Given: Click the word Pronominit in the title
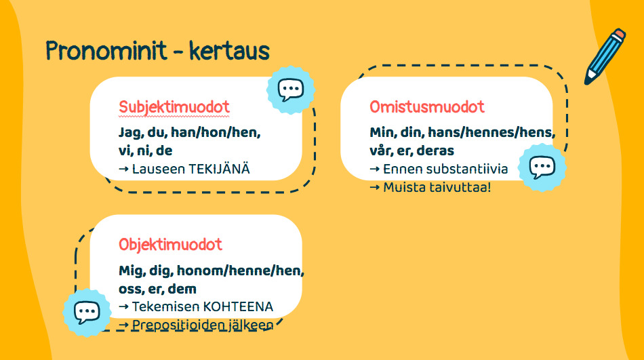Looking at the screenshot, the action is click(106, 51).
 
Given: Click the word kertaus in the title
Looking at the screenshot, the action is click(229, 51).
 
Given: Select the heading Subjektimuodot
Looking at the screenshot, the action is click(174, 107).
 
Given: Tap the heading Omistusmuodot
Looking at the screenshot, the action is click(427, 107).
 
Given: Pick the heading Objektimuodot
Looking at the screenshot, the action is click(170, 245).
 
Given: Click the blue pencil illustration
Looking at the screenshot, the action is click(605, 56).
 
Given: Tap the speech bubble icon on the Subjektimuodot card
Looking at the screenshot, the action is click(291, 89).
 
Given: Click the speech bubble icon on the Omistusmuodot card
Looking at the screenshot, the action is click(542, 167).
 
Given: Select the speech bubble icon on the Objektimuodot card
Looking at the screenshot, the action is click(87, 313).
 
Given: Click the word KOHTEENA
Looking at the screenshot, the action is click(238, 306).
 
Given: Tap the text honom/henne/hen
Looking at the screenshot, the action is click(240, 271).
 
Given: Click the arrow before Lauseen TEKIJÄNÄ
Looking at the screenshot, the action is click(123, 169).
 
